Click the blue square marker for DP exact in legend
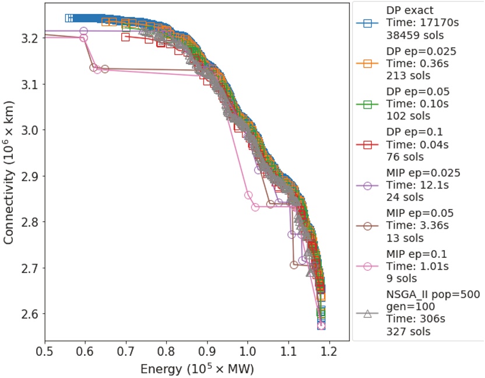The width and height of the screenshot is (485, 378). [367, 24]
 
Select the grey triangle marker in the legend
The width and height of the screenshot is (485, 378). [367, 313]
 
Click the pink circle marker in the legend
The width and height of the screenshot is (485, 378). [367, 266]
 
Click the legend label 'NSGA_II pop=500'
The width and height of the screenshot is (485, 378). [433, 295]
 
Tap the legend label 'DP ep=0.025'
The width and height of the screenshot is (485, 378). [421, 51]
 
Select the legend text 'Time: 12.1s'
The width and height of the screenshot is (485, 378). [414, 185]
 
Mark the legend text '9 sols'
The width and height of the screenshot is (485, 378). [402, 278]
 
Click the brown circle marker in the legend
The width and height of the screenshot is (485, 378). [367, 226]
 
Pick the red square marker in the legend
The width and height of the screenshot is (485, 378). [367, 145]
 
